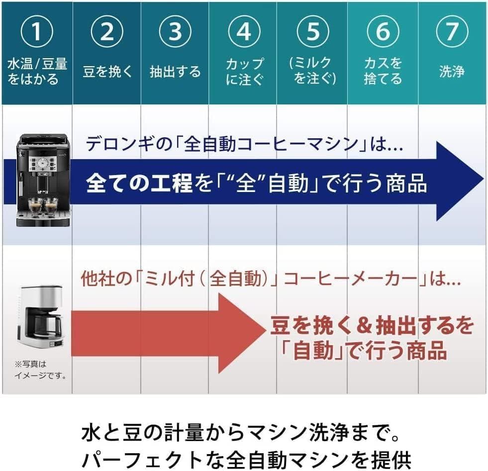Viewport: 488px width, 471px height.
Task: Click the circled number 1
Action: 36,32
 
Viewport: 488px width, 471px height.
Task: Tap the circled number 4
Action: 243,32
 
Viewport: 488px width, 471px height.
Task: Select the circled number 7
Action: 452,32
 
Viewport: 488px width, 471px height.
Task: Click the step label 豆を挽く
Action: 107,72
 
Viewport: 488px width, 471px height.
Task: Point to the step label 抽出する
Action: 175,72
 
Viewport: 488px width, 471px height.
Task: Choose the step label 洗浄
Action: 452,72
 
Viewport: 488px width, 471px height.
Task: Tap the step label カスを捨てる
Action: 383,71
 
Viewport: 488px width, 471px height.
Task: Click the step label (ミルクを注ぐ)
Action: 312,71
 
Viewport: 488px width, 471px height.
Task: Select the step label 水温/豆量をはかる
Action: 37,71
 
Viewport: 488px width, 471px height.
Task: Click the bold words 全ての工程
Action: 139,184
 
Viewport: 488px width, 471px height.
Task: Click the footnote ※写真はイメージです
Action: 40,370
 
